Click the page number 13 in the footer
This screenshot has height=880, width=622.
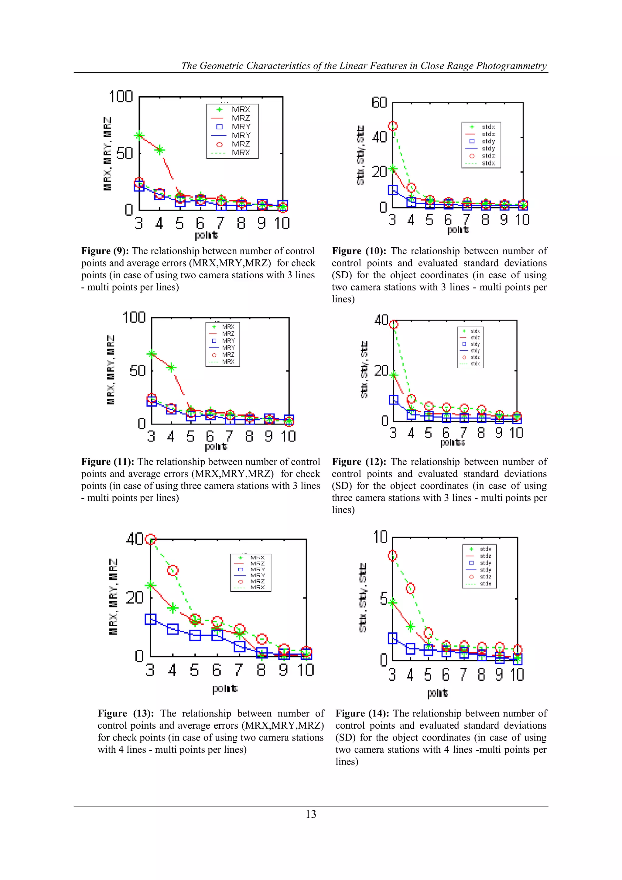pyautogui.click(x=311, y=814)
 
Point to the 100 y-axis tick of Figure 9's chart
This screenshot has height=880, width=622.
pyautogui.click(x=121, y=97)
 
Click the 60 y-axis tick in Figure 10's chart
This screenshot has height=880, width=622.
pyautogui.click(x=379, y=102)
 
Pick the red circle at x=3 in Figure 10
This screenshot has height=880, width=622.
pyautogui.click(x=393, y=126)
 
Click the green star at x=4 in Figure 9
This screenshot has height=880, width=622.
pyautogui.click(x=160, y=150)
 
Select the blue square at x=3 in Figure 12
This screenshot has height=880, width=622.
pyautogui.click(x=394, y=400)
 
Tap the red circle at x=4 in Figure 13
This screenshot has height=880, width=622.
pyautogui.click(x=173, y=570)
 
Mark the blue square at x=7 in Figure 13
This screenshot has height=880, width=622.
pyautogui.click(x=239, y=647)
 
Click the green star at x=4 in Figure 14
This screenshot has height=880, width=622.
pyautogui.click(x=410, y=627)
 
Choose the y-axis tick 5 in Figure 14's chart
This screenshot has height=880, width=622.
pyautogui.click(x=383, y=599)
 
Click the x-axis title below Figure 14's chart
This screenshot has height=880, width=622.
pyautogui.click(x=437, y=693)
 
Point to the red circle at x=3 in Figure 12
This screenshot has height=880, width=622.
pyautogui.click(x=394, y=325)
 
